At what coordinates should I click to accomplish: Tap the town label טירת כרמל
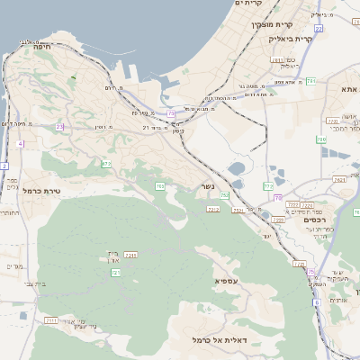pos(40,190)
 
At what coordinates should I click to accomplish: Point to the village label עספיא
pos(227,281)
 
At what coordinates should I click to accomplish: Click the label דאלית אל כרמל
pos(220,340)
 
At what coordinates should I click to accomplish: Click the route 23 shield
pos(60,127)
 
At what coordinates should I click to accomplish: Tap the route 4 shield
pos(20,143)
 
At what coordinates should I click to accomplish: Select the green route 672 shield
pos(106,164)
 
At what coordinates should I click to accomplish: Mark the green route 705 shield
pos(159,186)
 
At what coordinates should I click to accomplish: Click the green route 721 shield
pos(116,273)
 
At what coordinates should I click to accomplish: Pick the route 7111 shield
pos(50,319)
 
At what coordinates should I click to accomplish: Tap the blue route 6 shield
pos(317,302)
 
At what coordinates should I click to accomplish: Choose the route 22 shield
pos(171,113)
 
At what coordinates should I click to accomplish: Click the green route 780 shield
pos(320,139)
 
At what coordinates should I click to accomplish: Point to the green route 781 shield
pos(310,81)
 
